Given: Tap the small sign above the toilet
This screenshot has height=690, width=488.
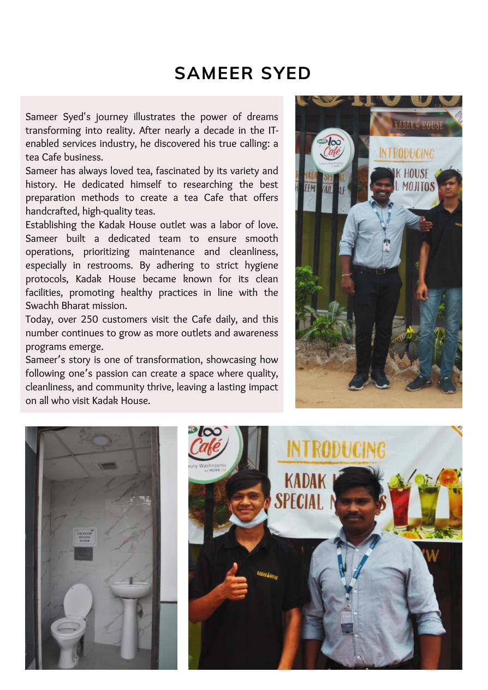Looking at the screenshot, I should click(x=85, y=536).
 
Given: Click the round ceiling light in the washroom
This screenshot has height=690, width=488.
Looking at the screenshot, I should click(x=100, y=440).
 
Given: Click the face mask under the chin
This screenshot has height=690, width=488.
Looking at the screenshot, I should click(x=248, y=517).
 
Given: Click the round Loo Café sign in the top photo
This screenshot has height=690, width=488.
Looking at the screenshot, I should click(x=332, y=150).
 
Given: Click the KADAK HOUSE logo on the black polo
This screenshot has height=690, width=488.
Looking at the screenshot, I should click(x=267, y=574).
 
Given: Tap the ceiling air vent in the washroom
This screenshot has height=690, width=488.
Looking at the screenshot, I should click(x=108, y=466).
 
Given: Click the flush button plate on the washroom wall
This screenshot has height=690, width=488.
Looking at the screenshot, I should click(x=84, y=553).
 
